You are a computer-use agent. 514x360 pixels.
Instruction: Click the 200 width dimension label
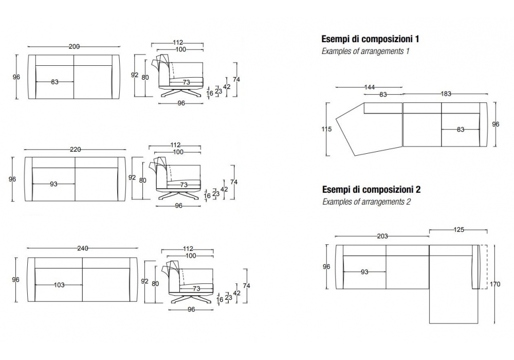point(74,47)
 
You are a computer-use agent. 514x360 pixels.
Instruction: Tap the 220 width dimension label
point(75,150)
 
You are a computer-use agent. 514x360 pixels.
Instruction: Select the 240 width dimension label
point(82,248)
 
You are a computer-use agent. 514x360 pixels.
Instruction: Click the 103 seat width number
point(59,285)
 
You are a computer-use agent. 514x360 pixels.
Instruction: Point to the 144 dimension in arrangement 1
point(369,87)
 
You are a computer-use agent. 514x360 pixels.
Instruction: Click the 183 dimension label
point(446,94)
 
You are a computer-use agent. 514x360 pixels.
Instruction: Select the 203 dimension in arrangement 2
point(382,236)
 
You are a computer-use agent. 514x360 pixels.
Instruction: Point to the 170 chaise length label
point(495,283)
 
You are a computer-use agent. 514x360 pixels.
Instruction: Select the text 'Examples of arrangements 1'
point(365,51)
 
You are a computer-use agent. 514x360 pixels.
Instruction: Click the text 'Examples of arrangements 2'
point(366,202)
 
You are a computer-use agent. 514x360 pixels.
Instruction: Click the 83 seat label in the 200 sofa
point(55,82)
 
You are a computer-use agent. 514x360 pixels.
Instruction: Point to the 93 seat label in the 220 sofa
point(53,184)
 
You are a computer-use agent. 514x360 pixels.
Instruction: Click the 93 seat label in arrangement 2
point(364,272)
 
